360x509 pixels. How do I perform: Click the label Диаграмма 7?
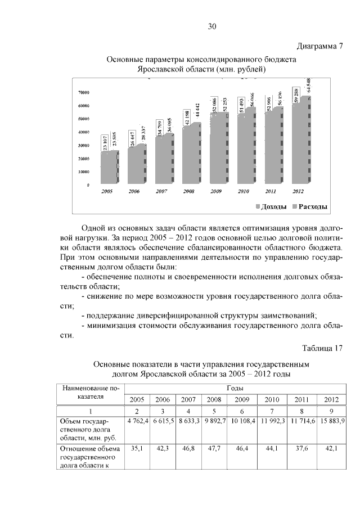[x=319, y=46]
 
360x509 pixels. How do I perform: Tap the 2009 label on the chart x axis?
[x=216, y=191]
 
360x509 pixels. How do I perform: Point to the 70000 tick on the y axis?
[x=84, y=92]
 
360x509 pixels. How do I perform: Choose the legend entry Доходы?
[x=274, y=208]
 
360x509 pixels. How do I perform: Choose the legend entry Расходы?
[x=309, y=208]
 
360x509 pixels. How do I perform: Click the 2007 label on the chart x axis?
[x=161, y=191]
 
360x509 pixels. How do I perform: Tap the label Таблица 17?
[x=322, y=347]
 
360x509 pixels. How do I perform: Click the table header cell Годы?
[x=235, y=388]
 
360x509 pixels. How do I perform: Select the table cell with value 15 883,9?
[x=331, y=421]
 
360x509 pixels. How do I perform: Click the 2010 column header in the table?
[x=271, y=399]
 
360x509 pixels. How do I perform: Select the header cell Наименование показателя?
[x=91, y=392]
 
